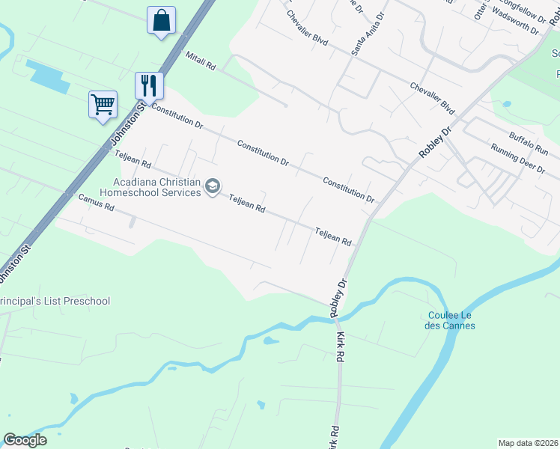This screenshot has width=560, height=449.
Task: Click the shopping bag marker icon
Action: (x=162, y=21)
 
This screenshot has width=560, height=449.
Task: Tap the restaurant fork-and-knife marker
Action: (x=149, y=85)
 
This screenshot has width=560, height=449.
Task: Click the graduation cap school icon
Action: (x=213, y=186)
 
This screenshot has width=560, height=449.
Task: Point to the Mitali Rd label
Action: (x=201, y=61)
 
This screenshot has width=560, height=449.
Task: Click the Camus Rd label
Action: (x=96, y=202)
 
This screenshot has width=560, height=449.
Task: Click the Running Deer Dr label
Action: (x=517, y=158)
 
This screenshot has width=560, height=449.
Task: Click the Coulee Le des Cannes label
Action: (x=451, y=320)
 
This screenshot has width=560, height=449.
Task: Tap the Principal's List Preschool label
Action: (x=55, y=301)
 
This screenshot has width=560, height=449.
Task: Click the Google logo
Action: (x=25, y=439)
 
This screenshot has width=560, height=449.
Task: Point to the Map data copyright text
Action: (x=527, y=442)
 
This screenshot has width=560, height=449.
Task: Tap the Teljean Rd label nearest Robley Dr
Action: (x=333, y=237)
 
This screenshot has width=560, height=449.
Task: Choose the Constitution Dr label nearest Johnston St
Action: (x=177, y=116)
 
